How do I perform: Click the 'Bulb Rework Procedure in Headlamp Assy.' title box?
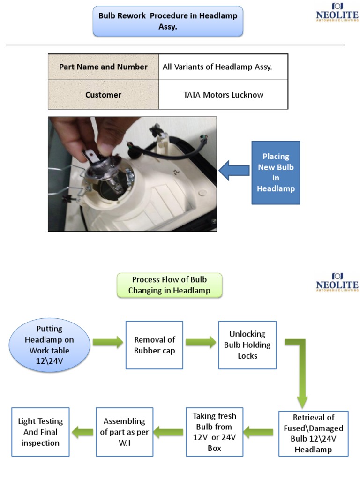(168, 21)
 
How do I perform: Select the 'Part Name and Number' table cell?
(104, 67)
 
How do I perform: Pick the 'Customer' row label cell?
(104, 95)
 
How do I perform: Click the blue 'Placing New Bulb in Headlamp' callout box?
(276, 172)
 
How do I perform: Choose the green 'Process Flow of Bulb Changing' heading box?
(169, 285)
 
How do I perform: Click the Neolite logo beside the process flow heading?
(337, 283)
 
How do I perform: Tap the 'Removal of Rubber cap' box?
(154, 345)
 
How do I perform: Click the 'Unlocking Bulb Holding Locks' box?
(247, 345)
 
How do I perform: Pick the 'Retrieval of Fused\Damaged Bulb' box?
(313, 434)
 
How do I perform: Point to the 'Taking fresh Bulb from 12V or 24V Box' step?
(214, 432)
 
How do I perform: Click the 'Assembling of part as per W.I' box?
(124, 432)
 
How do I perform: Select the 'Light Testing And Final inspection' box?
(40, 432)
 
